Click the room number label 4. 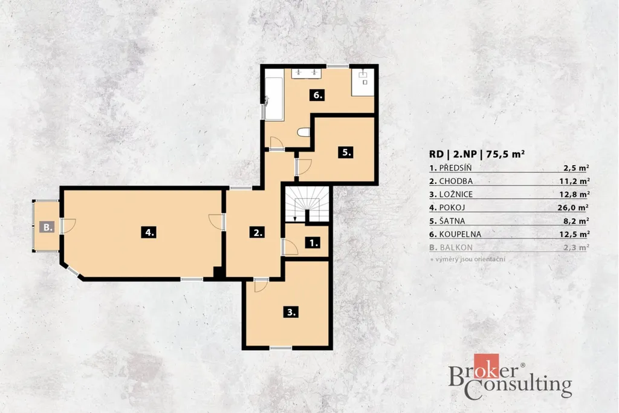[x=149, y=232]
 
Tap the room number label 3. [x=291, y=312]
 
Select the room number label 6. [x=317, y=95]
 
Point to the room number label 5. [x=346, y=152]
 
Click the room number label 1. [x=314, y=242]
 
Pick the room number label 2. [x=258, y=232]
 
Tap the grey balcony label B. [x=47, y=227]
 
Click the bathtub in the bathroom [x=274, y=99]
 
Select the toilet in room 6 [x=304, y=132]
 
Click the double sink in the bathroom [x=306, y=73]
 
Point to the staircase [x=307, y=204]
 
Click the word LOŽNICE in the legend [x=456, y=194]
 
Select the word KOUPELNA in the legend [x=460, y=234]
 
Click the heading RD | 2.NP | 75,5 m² [x=477, y=154]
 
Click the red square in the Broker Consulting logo [x=487, y=366]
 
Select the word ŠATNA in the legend [x=452, y=221]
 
